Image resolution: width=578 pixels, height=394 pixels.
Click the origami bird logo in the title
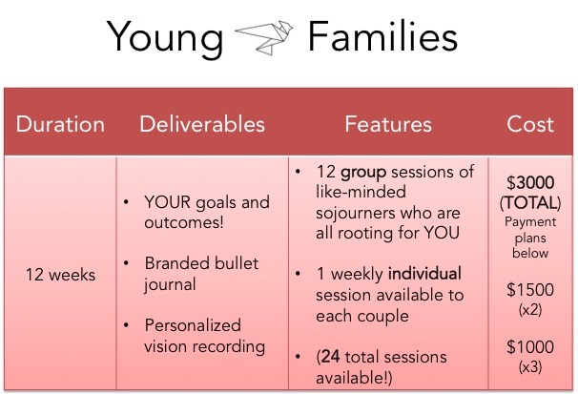264,38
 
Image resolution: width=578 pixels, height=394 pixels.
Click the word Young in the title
165,39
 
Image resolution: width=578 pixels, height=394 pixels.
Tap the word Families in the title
382,36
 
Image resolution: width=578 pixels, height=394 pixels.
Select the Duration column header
60,124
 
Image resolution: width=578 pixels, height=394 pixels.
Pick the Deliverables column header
202,124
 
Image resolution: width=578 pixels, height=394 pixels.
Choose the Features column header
388,124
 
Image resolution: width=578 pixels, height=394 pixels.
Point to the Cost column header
530,124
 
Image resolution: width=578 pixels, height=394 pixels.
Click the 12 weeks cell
60,275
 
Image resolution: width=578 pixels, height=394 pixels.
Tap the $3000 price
530,182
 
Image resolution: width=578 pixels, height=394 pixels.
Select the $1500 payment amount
530,290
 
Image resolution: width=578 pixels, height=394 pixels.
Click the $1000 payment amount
530,347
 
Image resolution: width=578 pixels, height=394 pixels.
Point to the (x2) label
530,310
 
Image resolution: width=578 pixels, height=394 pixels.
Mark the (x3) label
530,366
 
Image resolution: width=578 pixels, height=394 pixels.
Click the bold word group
363,173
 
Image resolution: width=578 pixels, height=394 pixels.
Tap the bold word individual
424,274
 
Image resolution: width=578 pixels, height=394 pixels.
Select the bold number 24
331,357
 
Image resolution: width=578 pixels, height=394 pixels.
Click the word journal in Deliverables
170,285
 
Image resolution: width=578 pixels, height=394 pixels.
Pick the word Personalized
193,325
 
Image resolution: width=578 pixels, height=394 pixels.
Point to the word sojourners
356,214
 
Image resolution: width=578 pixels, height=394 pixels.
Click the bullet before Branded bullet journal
127,263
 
